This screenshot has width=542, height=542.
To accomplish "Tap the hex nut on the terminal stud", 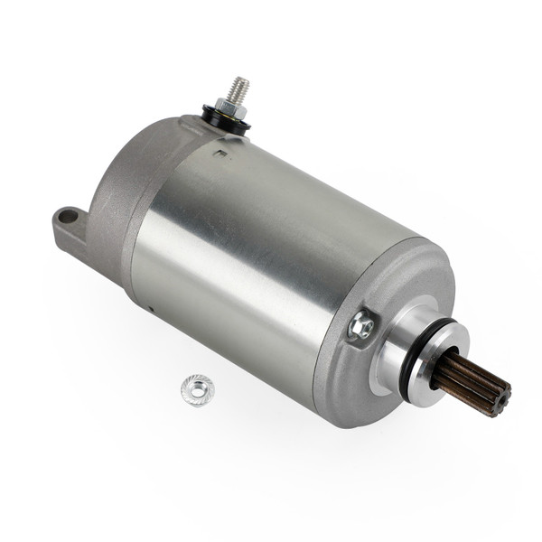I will [x=230, y=109].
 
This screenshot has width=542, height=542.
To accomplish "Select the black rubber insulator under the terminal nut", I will [x=227, y=121].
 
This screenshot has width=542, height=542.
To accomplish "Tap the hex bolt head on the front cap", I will [x=362, y=325].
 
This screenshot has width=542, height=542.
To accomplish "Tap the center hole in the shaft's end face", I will [x=496, y=397].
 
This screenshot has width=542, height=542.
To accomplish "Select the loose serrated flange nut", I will [x=197, y=389].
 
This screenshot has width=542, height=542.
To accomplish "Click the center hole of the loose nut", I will [x=197, y=388].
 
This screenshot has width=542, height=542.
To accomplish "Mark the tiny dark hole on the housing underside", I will [x=153, y=308].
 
